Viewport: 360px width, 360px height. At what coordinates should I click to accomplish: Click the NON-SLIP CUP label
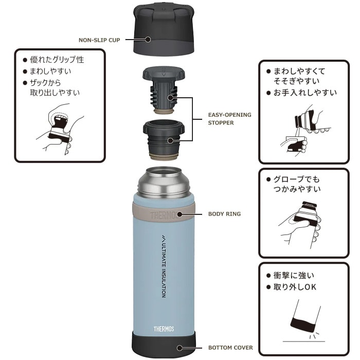99,40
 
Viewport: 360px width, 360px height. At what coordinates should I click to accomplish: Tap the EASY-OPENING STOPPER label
229,119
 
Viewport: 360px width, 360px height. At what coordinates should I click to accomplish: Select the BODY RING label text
224,214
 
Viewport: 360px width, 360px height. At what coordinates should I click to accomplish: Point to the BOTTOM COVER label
230,348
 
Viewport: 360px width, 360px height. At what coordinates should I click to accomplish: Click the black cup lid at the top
164,29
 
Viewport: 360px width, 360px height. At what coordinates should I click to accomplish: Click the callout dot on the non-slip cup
148,40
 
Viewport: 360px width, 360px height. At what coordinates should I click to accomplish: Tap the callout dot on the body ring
179,214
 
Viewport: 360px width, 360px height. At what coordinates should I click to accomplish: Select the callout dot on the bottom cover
179,348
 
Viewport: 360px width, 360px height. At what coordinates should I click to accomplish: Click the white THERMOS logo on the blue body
164,329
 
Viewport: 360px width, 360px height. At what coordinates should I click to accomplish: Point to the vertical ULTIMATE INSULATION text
164,266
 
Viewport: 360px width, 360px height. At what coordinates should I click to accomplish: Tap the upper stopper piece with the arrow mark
164,90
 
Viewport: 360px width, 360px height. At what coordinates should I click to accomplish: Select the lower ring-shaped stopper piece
164,139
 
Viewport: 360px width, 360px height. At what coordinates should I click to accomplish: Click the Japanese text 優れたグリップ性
57,60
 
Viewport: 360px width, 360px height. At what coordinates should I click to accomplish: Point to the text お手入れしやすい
305,93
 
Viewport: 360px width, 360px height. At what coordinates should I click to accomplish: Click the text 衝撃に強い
294,275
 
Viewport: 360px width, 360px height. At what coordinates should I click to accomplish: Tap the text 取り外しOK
295,287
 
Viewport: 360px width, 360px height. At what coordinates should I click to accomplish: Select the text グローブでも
296,179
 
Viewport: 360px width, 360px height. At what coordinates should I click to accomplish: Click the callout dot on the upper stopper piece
170,98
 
